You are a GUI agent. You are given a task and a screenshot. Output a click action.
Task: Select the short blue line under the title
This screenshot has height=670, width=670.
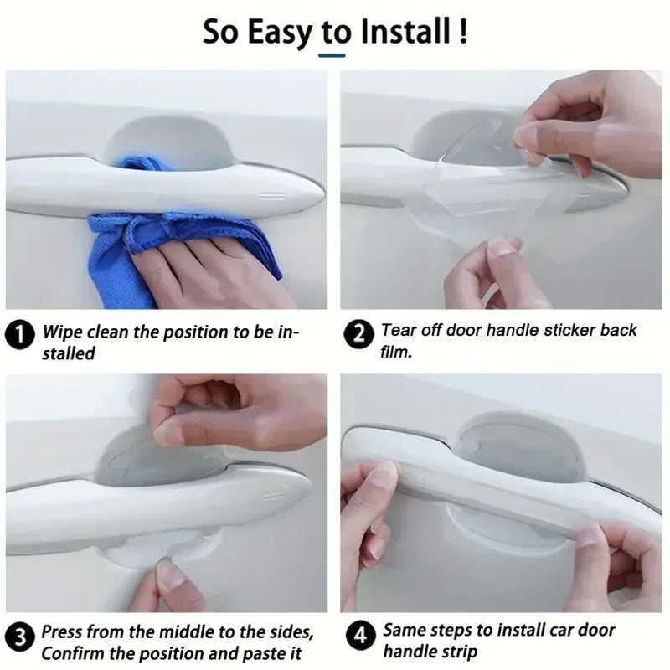pyautogui.click(x=332, y=56)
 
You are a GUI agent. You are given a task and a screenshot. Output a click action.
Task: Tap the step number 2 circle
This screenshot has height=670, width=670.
pyautogui.click(x=359, y=335)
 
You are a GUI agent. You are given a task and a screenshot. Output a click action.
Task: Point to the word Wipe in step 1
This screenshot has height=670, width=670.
pyautogui.click(x=61, y=332)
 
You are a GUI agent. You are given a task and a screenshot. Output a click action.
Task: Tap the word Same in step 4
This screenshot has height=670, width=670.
pyautogui.click(x=404, y=630)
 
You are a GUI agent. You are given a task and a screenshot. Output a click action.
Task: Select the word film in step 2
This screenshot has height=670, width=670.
pyautogui.click(x=397, y=353)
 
